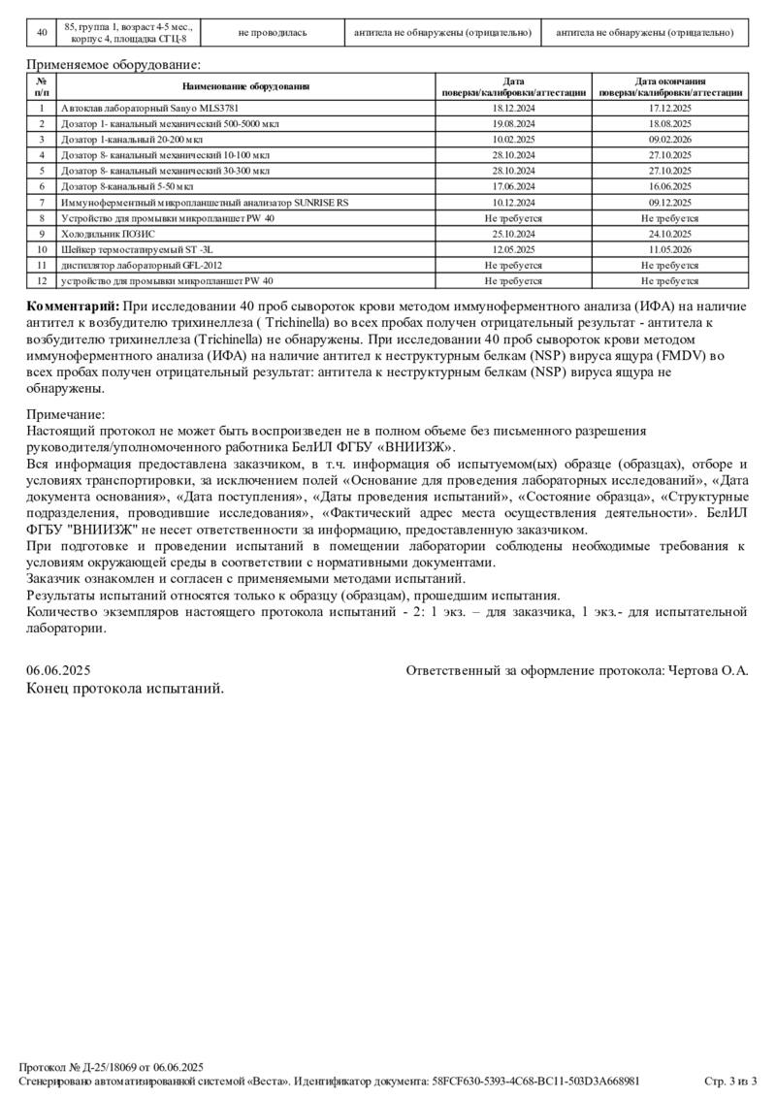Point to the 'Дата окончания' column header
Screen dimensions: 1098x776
click(670, 81)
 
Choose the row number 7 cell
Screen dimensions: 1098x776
click(42, 202)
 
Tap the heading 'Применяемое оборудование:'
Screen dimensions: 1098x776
click(113, 65)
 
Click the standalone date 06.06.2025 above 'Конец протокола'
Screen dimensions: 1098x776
click(59, 670)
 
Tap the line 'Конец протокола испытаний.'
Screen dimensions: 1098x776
click(125, 689)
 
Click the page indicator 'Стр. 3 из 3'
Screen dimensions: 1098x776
click(729, 1081)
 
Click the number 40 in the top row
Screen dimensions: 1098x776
click(42, 32)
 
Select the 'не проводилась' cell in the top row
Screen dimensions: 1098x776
click(273, 32)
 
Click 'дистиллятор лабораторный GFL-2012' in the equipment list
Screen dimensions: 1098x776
click(142, 265)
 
